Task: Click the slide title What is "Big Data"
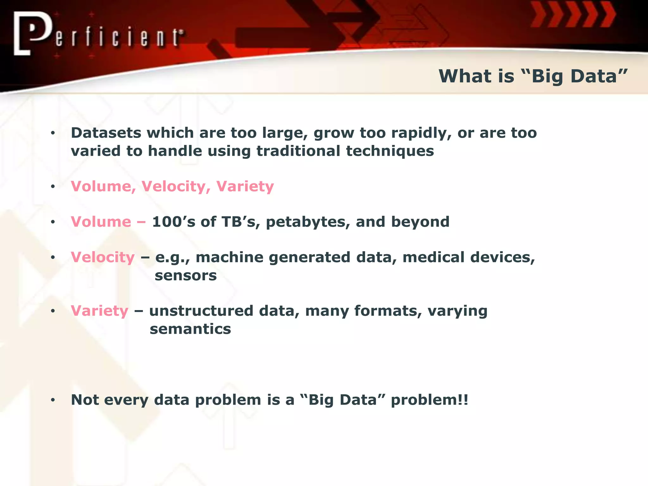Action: pos(533,76)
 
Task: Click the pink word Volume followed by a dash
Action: pos(101,222)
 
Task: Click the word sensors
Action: pos(186,276)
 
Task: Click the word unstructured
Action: pos(201,311)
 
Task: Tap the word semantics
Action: pos(190,329)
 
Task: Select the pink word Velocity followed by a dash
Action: pos(103,257)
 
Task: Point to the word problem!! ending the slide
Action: pos(429,400)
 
